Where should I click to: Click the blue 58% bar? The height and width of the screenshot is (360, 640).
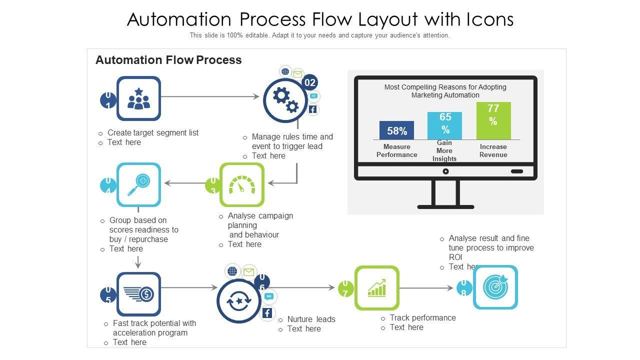(396, 130)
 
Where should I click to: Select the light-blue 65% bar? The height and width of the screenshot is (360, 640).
(444, 125)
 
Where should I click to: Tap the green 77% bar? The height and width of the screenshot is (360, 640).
(493, 120)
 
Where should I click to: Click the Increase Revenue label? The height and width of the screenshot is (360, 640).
(493, 150)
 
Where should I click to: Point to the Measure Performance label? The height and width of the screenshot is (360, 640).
(396, 150)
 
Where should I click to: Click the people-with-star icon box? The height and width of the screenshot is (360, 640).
(138, 98)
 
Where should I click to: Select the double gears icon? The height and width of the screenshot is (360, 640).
(286, 99)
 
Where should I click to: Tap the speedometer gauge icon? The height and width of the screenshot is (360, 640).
(242, 184)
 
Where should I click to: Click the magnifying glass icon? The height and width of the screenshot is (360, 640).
(138, 184)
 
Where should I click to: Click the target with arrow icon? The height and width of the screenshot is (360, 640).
(495, 287)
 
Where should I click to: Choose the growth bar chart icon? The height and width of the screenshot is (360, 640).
(376, 288)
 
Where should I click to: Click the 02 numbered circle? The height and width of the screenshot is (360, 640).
(310, 82)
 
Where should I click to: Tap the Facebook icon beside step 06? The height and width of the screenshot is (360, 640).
(267, 313)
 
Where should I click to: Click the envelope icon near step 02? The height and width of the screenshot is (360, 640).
(298, 74)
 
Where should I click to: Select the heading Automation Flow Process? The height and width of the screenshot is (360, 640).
(168, 60)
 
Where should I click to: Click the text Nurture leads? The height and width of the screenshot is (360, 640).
(311, 319)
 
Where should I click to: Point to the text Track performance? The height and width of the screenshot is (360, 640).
(422, 317)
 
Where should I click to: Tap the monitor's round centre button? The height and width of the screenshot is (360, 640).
(445, 171)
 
